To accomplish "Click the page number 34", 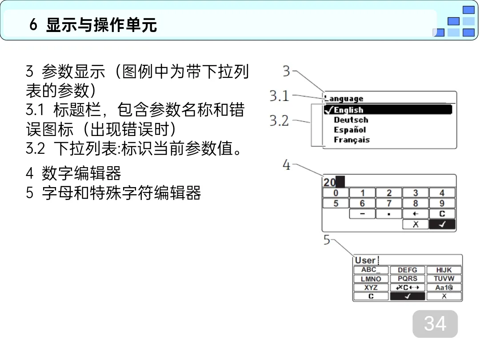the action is tap(435, 324).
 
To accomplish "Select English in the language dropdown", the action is tap(348, 110).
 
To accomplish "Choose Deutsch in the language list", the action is tap(351, 120).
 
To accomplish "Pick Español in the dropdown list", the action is tap(350, 130).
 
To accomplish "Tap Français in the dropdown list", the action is tap(352, 140).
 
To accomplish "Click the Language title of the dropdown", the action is tap(344, 99).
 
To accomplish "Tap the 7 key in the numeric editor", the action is tap(389, 204).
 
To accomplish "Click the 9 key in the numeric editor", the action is tap(442, 204).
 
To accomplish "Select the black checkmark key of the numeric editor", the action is tap(442, 224).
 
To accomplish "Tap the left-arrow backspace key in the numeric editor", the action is tap(416, 214).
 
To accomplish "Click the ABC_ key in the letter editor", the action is tap(371, 270).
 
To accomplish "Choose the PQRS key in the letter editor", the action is tap(407, 279).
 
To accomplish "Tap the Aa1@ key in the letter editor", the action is tap(444, 288).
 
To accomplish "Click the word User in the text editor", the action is tap(365, 260).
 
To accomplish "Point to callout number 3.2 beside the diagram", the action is tap(279, 120).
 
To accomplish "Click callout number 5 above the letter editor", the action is tap(327, 240).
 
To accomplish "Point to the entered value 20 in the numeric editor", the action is tap(330, 182).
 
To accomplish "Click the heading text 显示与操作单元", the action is tap(101, 25).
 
